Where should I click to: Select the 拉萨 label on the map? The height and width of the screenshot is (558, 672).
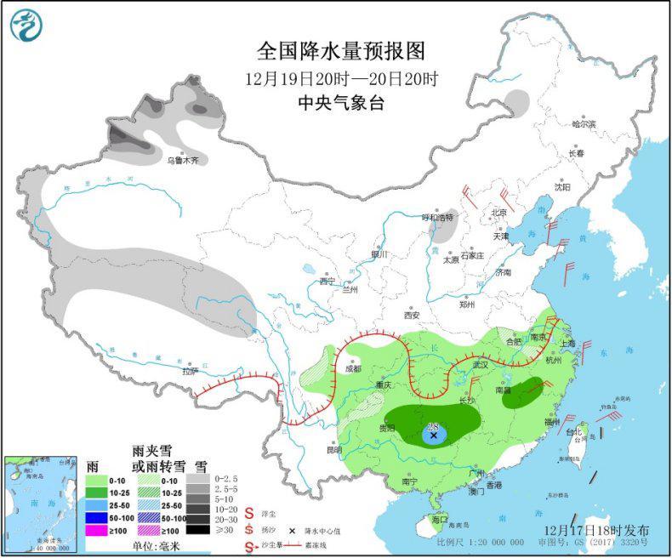190,371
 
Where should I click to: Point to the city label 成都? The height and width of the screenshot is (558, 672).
354,369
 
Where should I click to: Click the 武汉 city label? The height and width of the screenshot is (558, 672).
481,364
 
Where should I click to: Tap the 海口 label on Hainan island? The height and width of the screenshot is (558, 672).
440,519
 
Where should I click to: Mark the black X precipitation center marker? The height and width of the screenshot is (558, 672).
434,436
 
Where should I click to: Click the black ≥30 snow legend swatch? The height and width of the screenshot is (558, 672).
198,529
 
